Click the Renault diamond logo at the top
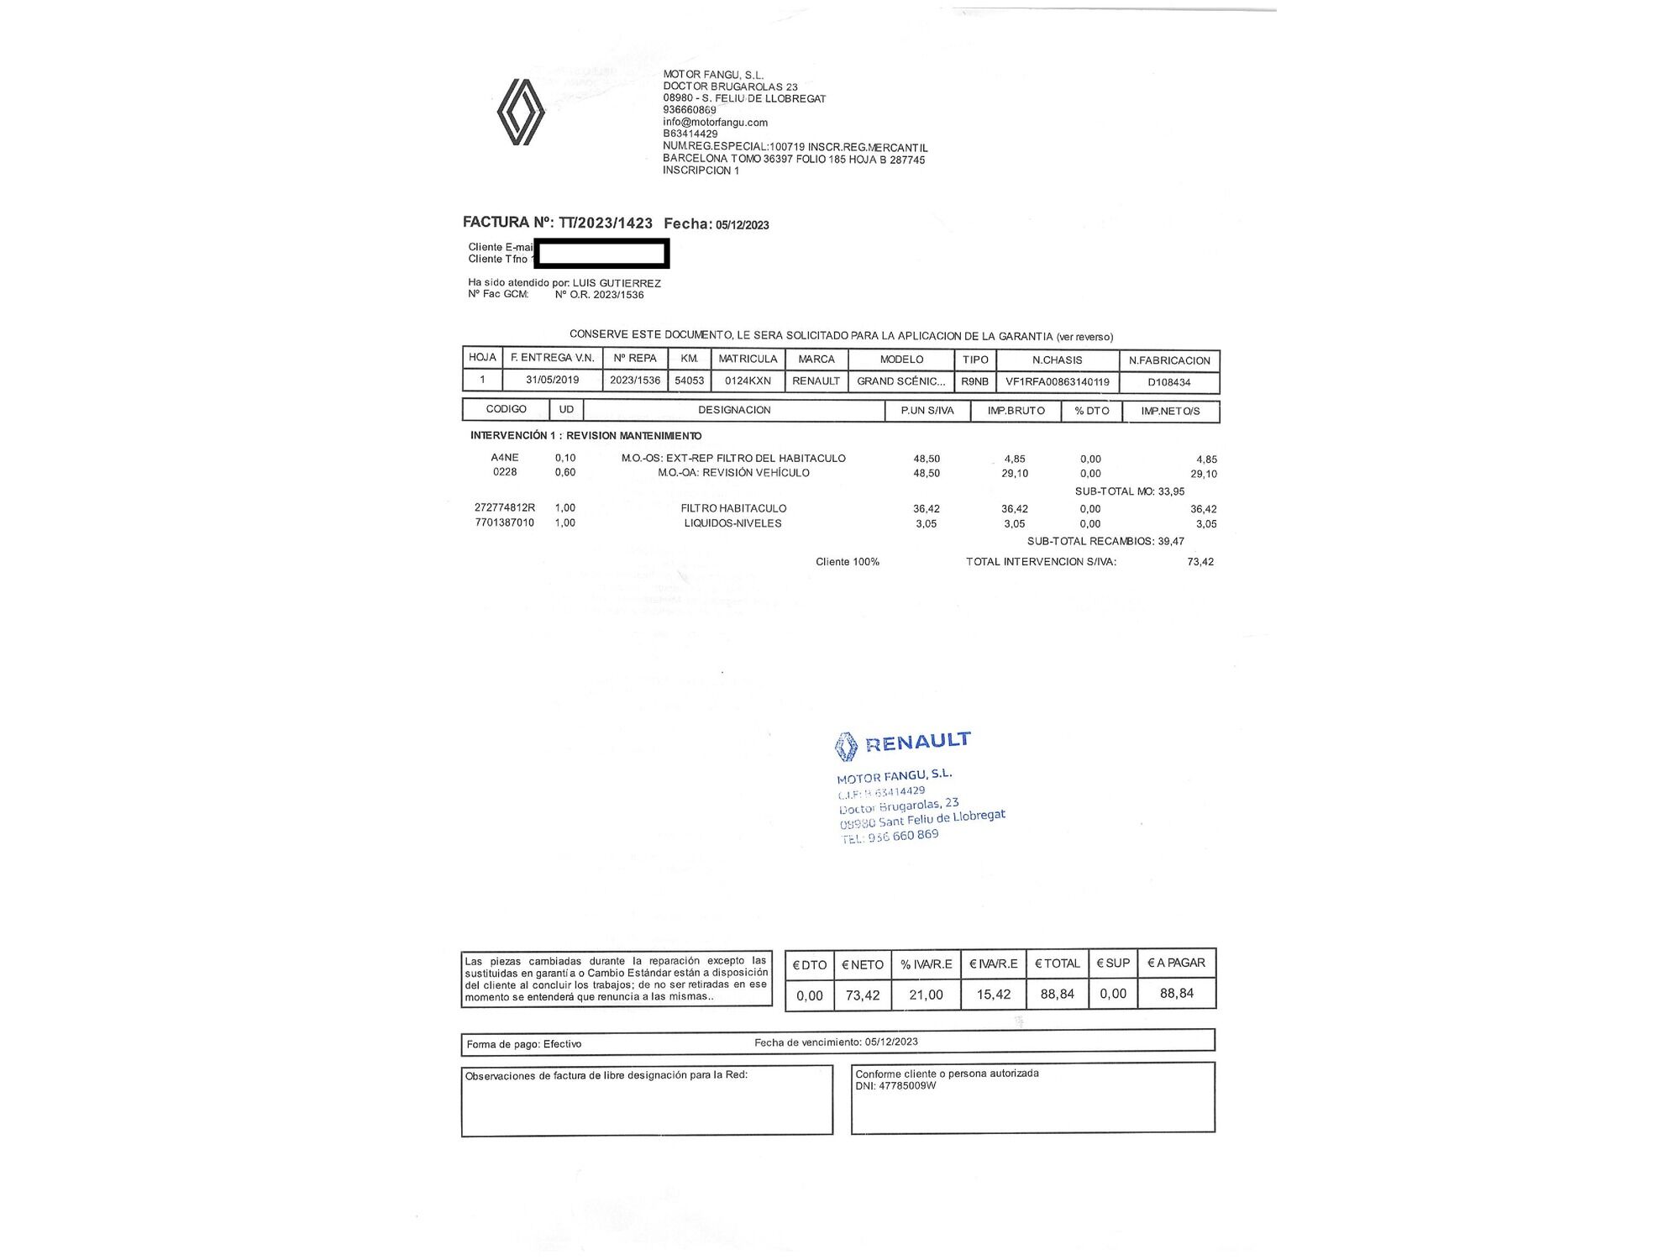tap(521, 112)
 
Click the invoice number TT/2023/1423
tap(606, 223)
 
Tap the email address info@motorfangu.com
tap(715, 122)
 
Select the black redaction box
tap(601, 254)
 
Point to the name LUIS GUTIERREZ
tap(617, 283)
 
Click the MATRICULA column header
tap(748, 359)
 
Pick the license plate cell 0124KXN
tap(748, 381)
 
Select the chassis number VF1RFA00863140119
tap(1057, 381)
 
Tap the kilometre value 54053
tap(689, 381)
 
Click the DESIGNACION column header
tap(734, 410)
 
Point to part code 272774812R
tap(504, 507)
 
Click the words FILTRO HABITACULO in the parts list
tap(733, 508)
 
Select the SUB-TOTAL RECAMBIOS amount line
tap(1105, 541)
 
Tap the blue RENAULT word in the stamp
tap(917, 741)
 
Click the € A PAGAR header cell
tap(1176, 963)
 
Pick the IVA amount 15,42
tap(993, 995)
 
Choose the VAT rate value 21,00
tap(926, 995)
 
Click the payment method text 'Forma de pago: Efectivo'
tap(524, 1044)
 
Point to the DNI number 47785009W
tap(906, 1085)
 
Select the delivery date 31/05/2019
tap(552, 380)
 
